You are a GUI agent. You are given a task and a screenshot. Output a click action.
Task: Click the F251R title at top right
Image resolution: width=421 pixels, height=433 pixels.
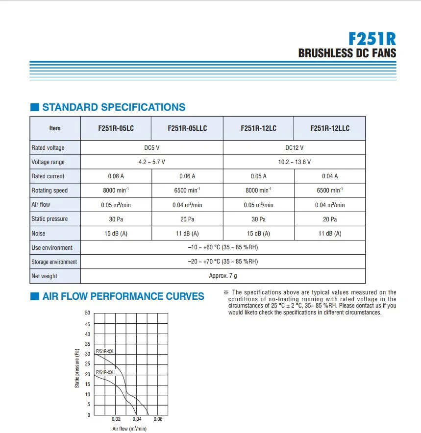371,39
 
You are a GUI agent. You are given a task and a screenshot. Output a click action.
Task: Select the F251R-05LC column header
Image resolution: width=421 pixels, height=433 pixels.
116,128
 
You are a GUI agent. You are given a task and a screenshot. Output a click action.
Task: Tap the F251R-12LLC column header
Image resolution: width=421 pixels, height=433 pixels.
330,128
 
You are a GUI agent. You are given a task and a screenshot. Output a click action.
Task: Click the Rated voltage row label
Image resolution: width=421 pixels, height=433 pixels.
48,148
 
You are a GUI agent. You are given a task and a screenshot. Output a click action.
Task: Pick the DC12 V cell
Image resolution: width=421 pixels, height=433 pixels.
294,148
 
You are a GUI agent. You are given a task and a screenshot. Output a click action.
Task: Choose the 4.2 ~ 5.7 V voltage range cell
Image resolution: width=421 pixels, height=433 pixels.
151,162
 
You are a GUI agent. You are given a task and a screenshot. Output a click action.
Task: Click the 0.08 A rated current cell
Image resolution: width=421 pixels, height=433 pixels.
116,176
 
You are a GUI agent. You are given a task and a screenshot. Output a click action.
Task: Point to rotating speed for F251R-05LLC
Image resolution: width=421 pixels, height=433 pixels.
187,191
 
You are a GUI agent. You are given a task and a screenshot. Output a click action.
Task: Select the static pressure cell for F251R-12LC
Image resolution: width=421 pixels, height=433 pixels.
258,219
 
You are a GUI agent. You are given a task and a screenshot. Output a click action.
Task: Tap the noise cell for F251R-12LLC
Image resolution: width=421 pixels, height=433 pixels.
330,234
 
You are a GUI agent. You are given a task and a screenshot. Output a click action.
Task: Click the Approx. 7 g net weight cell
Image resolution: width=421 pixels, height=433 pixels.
223,276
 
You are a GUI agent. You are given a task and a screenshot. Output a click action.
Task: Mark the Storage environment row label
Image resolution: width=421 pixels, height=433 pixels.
54,262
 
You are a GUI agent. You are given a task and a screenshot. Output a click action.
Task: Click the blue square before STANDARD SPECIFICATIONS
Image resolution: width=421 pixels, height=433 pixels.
34,108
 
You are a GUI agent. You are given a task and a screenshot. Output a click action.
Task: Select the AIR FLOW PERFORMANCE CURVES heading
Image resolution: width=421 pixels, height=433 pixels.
123,296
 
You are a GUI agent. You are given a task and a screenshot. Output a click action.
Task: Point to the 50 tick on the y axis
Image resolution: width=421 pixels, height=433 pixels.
87,313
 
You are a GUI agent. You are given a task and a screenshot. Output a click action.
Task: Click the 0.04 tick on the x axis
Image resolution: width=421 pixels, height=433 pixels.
137,419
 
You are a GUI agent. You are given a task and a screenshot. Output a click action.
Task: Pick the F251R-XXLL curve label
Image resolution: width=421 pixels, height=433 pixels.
106,373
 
